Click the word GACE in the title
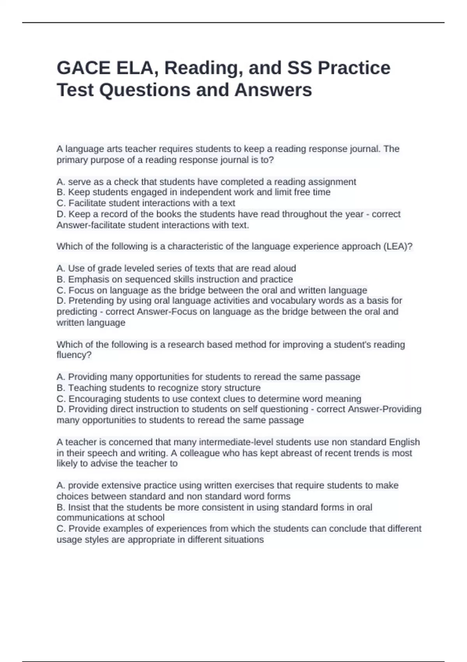pos(83,68)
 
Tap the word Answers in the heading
pos(273,90)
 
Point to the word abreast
pos(302,453)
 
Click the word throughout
pos(312,214)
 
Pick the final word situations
pos(244,540)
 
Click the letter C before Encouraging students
pos(60,399)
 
